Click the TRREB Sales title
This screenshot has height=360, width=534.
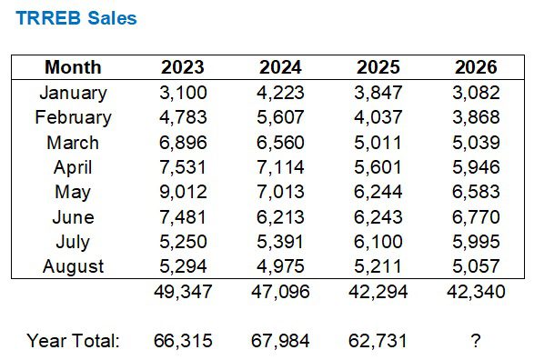(x=76, y=18)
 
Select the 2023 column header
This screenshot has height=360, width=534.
(x=183, y=67)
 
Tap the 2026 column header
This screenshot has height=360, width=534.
(x=476, y=67)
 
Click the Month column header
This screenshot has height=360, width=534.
(x=73, y=67)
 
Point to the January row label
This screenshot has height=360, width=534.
(x=73, y=94)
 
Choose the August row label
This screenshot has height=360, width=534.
(x=73, y=266)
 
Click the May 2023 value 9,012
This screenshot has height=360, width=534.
(x=183, y=192)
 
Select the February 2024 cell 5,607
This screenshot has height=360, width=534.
(x=280, y=117)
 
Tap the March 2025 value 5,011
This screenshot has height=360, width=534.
(x=378, y=142)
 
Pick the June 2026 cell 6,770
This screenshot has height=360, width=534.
(x=476, y=216)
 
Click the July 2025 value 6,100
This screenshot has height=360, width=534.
(x=378, y=242)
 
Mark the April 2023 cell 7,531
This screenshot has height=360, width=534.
(x=183, y=167)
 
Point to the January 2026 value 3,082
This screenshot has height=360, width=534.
(x=476, y=93)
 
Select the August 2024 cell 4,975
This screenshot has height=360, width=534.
(x=280, y=266)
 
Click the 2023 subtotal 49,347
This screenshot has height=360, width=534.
(x=183, y=292)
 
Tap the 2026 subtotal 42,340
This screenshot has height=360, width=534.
(x=476, y=292)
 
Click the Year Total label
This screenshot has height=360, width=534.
(x=73, y=341)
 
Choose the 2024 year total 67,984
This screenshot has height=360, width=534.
(x=280, y=341)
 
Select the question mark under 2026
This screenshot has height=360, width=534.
(x=476, y=341)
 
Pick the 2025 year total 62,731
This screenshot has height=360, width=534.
(x=378, y=341)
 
